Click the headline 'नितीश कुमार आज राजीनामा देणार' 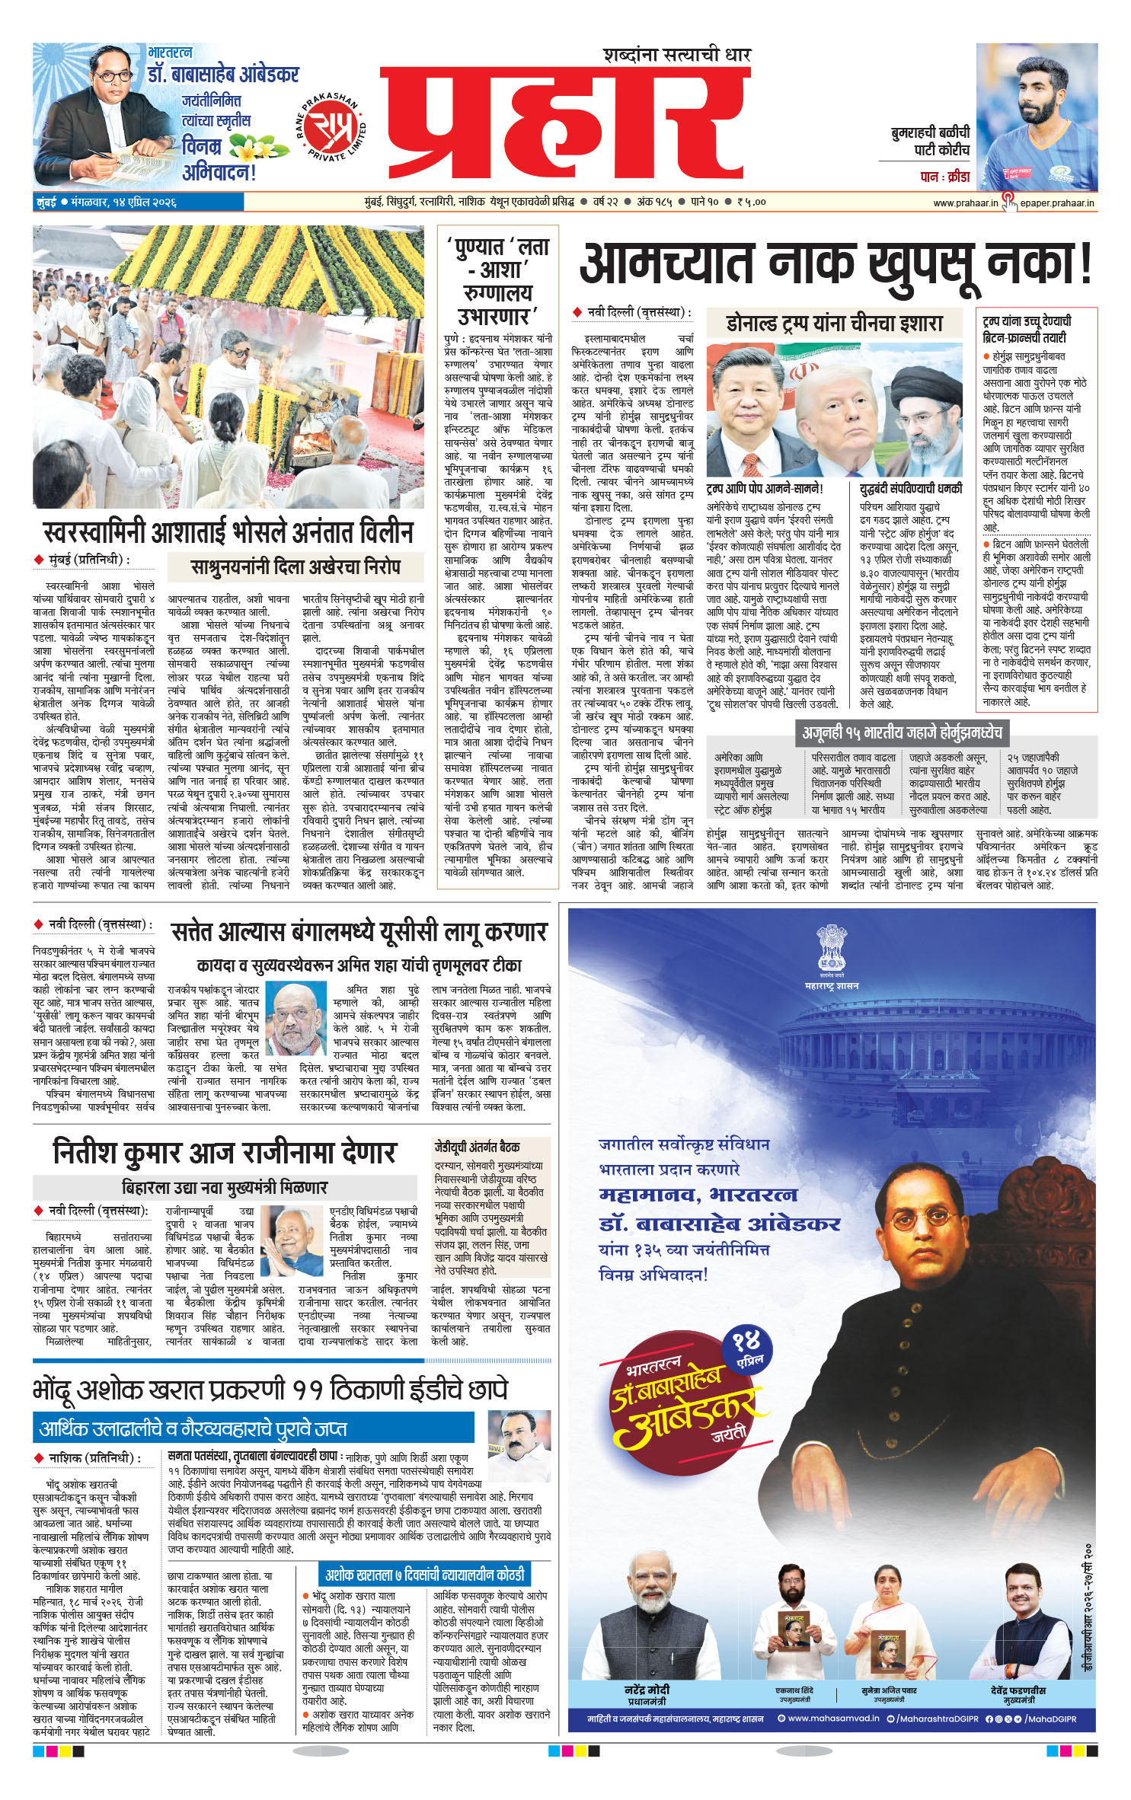point(225,1152)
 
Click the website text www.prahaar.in point(965,203)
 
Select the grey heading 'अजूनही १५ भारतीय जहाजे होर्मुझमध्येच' point(902,732)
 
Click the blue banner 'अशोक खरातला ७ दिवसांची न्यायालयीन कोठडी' point(425,1574)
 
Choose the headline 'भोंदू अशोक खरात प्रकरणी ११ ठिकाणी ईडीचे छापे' point(270,1390)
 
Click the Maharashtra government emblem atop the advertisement point(831,948)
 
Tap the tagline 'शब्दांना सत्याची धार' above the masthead point(677,55)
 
